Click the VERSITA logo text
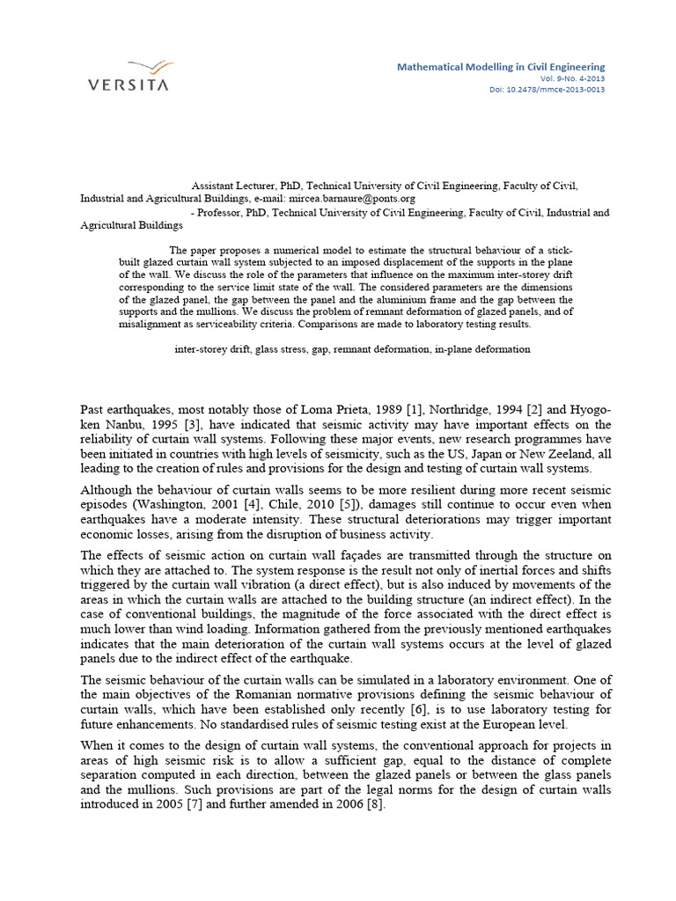coord(129,85)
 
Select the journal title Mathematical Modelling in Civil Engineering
coord(501,67)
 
